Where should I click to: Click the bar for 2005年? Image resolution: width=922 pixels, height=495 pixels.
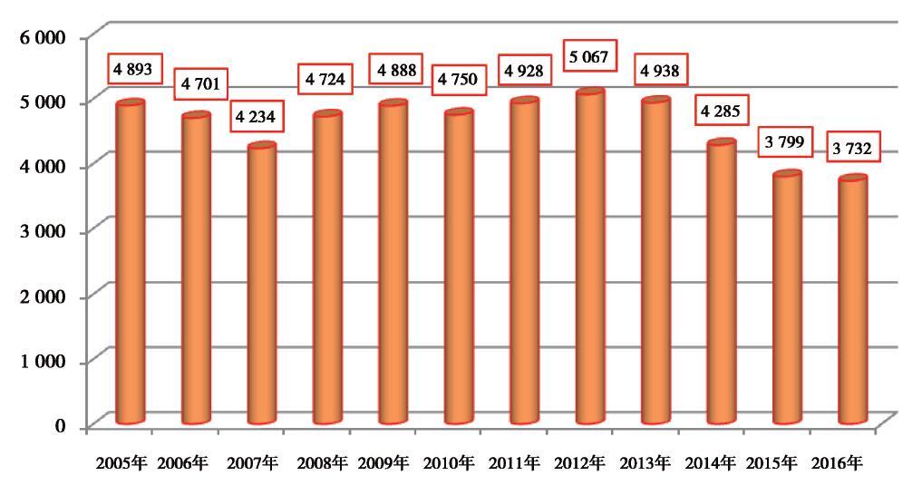[130, 263]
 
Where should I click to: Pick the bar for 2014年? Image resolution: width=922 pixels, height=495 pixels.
[721, 282]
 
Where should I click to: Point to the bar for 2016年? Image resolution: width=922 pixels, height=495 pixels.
[852, 300]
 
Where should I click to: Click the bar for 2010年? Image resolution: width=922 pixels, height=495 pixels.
[459, 267]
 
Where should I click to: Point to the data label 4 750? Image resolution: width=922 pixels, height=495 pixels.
[457, 80]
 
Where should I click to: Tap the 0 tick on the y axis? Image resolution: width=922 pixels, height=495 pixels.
[60, 426]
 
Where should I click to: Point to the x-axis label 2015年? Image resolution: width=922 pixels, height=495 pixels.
[772, 463]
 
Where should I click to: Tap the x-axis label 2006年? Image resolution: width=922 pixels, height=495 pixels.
[181, 463]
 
